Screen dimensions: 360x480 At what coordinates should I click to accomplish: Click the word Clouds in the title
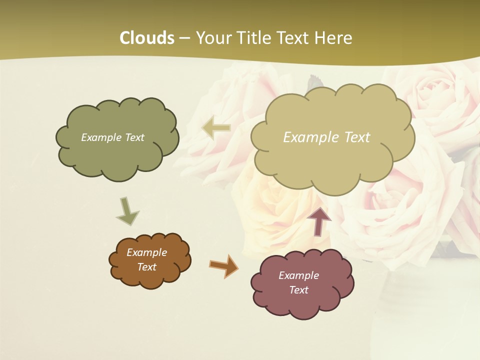(x=147, y=38)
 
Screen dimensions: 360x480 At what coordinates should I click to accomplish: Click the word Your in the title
(x=214, y=38)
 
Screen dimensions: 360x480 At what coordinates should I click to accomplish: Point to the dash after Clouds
(x=184, y=38)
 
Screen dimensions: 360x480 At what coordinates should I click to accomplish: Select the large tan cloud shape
(x=332, y=160)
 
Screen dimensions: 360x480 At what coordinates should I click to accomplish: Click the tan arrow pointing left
(x=216, y=128)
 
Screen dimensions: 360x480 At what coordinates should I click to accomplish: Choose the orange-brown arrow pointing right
(x=223, y=265)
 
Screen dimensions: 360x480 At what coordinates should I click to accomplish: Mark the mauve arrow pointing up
(x=319, y=221)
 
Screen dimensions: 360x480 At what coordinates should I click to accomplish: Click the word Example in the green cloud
(x=101, y=137)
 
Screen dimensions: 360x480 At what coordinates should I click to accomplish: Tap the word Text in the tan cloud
(x=357, y=137)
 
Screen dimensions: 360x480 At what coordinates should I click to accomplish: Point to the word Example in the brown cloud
(x=146, y=252)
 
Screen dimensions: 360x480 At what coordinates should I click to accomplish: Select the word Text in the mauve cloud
(x=299, y=290)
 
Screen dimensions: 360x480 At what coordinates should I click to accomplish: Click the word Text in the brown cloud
(x=146, y=267)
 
